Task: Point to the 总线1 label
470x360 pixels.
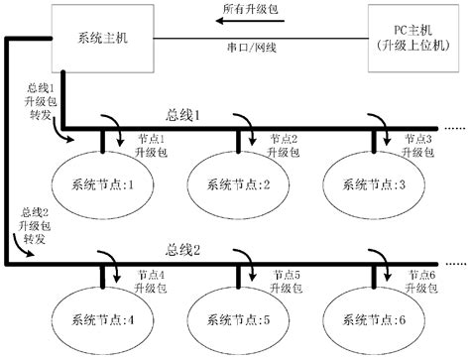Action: click(x=182, y=115)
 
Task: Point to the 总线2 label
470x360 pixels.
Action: click(x=182, y=248)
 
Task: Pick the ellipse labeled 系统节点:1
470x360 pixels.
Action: click(x=102, y=183)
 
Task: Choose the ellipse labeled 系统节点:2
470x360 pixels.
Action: click(x=237, y=183)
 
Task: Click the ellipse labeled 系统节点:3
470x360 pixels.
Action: click(x=374, y=183)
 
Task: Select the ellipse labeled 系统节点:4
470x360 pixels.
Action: click(x=102, y=319)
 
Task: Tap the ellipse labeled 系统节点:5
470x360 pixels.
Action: click(x=237, y=319)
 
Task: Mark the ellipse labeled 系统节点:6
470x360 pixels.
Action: click(x=374, y=319)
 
